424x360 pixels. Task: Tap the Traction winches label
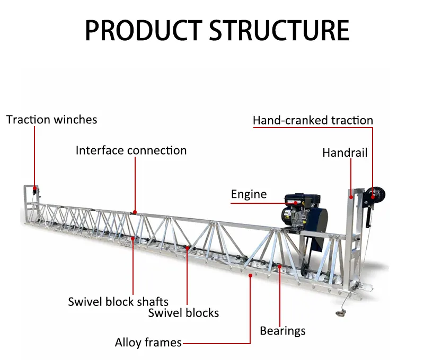(x=52, y=120)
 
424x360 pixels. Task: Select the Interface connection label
(x=131, y=150)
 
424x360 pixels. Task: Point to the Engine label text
(x=249, y=194)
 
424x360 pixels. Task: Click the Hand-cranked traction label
(x=313, y=121)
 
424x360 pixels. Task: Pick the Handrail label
(x=344, y=153)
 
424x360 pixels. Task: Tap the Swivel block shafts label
(x=118, y=302)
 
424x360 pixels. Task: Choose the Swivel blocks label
(x=183, y=313)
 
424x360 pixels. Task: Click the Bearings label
(x=282, y=331)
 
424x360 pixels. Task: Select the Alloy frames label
(x=148, y=343)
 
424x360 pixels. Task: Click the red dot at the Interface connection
(x=135, y=213)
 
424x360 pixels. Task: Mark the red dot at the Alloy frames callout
(x=250, y=275)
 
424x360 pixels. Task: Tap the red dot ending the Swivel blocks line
(x=188, y=247)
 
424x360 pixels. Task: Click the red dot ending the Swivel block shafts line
(x=132, y=239)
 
